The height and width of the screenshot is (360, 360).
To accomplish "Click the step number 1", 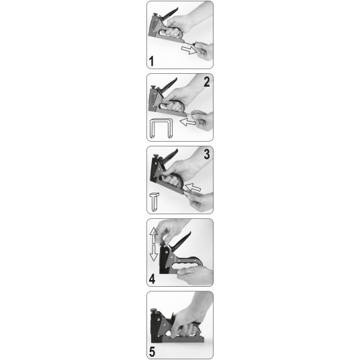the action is coord(151,61).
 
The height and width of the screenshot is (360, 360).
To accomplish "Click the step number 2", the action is coord(207,82).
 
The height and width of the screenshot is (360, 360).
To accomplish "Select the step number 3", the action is coord(207,154).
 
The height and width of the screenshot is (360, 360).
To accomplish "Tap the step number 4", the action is coord(152,279).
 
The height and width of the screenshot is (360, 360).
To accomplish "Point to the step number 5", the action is coord(152,351).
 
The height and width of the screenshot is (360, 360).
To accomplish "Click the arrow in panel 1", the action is coord(189,50).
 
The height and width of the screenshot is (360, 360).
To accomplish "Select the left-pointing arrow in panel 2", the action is coord(187,122).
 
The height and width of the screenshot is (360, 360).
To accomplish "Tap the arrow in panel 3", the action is coord(193,187).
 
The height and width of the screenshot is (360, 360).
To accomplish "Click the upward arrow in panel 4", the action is coord(153,235).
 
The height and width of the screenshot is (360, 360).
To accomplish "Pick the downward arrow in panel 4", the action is coord(153,253).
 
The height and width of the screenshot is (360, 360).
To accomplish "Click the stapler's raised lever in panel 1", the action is coord(170,13).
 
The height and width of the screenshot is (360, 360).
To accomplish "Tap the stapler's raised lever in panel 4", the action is coord(181,241).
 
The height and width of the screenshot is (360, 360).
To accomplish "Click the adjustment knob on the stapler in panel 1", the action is coord(155,15).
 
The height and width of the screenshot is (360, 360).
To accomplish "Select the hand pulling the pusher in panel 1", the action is coord(204,50).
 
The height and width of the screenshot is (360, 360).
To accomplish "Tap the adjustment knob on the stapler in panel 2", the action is coord(153,87).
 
